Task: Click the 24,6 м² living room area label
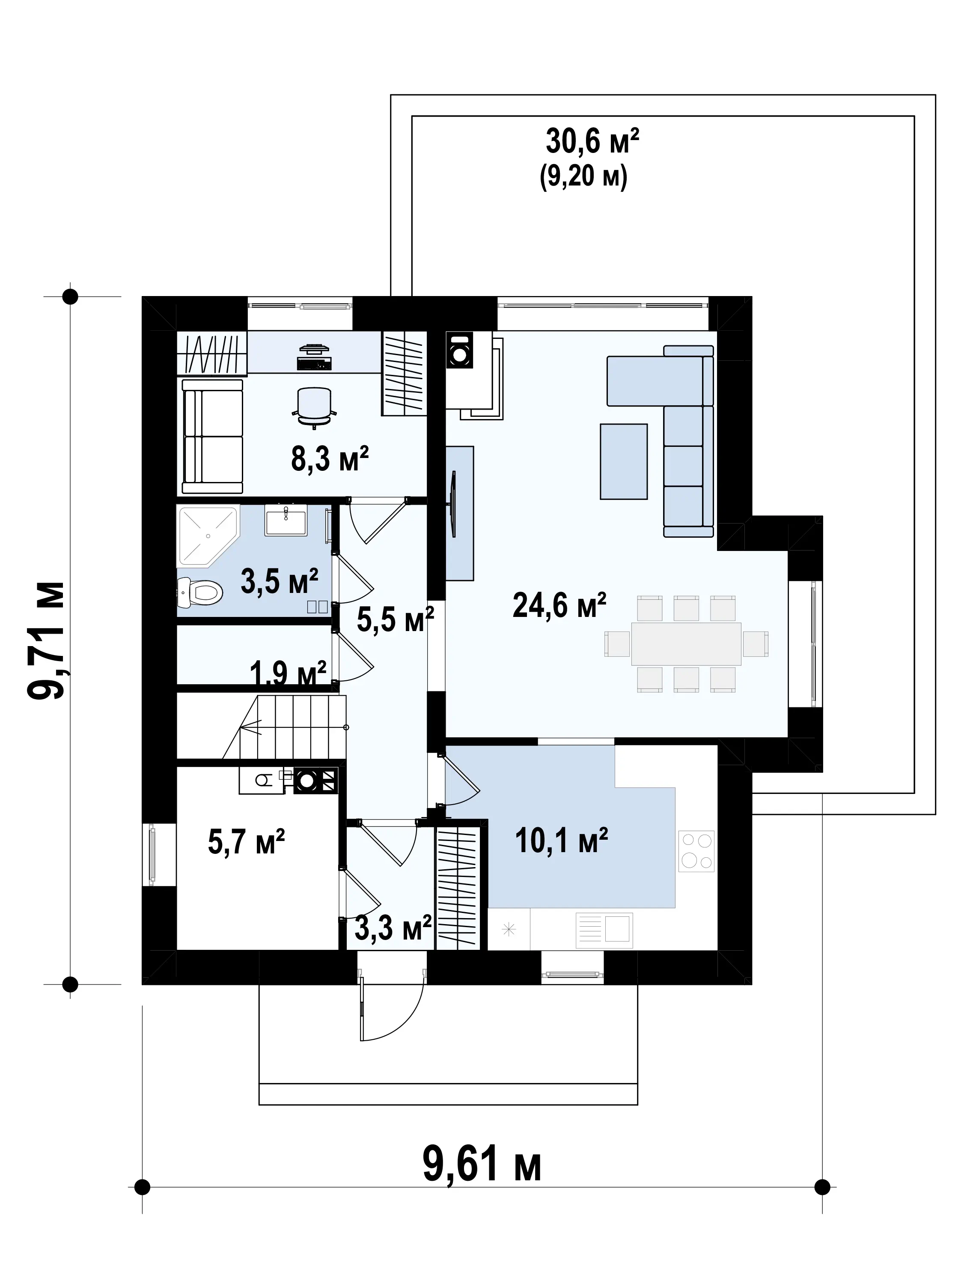coord(559,605)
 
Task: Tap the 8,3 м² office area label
coord(330,458)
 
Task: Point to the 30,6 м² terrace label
coord(592,141)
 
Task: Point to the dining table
coord(686,644)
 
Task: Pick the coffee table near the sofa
coord(624,461)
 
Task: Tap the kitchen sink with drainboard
coord(604,930)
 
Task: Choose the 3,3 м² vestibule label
coord(393,928)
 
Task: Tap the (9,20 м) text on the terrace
coord(583,176)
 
